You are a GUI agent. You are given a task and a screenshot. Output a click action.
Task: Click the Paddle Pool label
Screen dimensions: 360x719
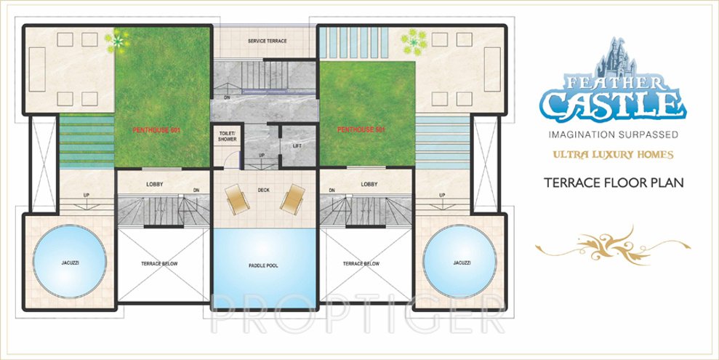coord(263,265)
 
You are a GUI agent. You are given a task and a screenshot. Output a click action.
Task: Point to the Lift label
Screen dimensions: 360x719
coord(297,145)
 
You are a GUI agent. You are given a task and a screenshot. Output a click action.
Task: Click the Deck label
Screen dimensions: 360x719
coord(263,191)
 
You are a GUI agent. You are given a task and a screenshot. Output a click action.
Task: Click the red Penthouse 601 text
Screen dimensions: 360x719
coord(156,129)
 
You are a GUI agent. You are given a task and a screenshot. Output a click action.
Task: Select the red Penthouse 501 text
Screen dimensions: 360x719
coord(361,129)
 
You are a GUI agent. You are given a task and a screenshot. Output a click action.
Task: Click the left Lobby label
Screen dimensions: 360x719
coord(153,184)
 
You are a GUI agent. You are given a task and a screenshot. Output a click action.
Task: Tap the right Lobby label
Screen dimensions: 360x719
coord(369,184)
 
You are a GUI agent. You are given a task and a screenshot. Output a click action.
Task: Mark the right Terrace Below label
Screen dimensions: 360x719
coord(361,263)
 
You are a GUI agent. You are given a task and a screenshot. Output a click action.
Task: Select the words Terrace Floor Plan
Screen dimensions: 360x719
coord(614,183)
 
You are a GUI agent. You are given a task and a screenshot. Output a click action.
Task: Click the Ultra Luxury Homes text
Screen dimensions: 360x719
coord(613,154)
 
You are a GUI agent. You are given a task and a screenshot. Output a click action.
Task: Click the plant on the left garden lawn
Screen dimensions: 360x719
coord(115,41)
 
